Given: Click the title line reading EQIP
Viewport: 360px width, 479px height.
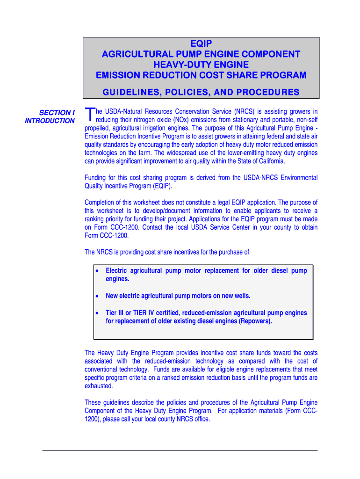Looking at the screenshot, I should pyautogui.click(x=201, y=44).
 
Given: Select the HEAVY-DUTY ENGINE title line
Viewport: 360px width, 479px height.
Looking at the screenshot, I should pyautogui.click(x=201, y=65).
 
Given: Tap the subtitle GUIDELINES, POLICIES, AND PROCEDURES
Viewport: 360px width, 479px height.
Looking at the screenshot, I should pyautogui.click(x=201, y=92).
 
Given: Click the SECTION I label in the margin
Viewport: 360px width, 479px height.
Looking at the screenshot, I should pyautogui.click(x=57, y=113).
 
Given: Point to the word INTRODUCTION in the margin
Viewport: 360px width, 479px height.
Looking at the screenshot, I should pyautogui.click(x=50, y=121).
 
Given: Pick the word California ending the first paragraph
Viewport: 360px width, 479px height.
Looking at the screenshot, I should pyautogui.click(x=269, y=161).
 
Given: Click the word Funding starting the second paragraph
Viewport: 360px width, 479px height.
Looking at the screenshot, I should pyautogui.click(x=96, y=178).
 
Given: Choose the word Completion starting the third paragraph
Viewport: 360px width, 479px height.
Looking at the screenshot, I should pyautogui.click(x=101, y=203).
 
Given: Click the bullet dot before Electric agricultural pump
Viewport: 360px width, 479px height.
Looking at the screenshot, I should pyautogui.click(x=96, y=271).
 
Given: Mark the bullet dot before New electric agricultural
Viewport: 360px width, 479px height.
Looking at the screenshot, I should pyautogui.click(x=96, y=296).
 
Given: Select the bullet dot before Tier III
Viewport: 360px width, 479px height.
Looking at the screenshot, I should pyautogui.click(x=96, y=313).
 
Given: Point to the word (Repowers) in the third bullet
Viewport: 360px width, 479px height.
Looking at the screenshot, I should pyautogui.click(x=255, y=321).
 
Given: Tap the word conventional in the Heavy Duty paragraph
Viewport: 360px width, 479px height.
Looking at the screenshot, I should pyautogui.click(x=101, y=370).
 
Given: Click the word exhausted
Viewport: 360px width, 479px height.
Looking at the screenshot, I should pyautogui.click(x=98, y=386).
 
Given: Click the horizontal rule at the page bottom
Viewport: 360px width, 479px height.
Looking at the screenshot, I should pyautogui.click(x=180, y=450).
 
